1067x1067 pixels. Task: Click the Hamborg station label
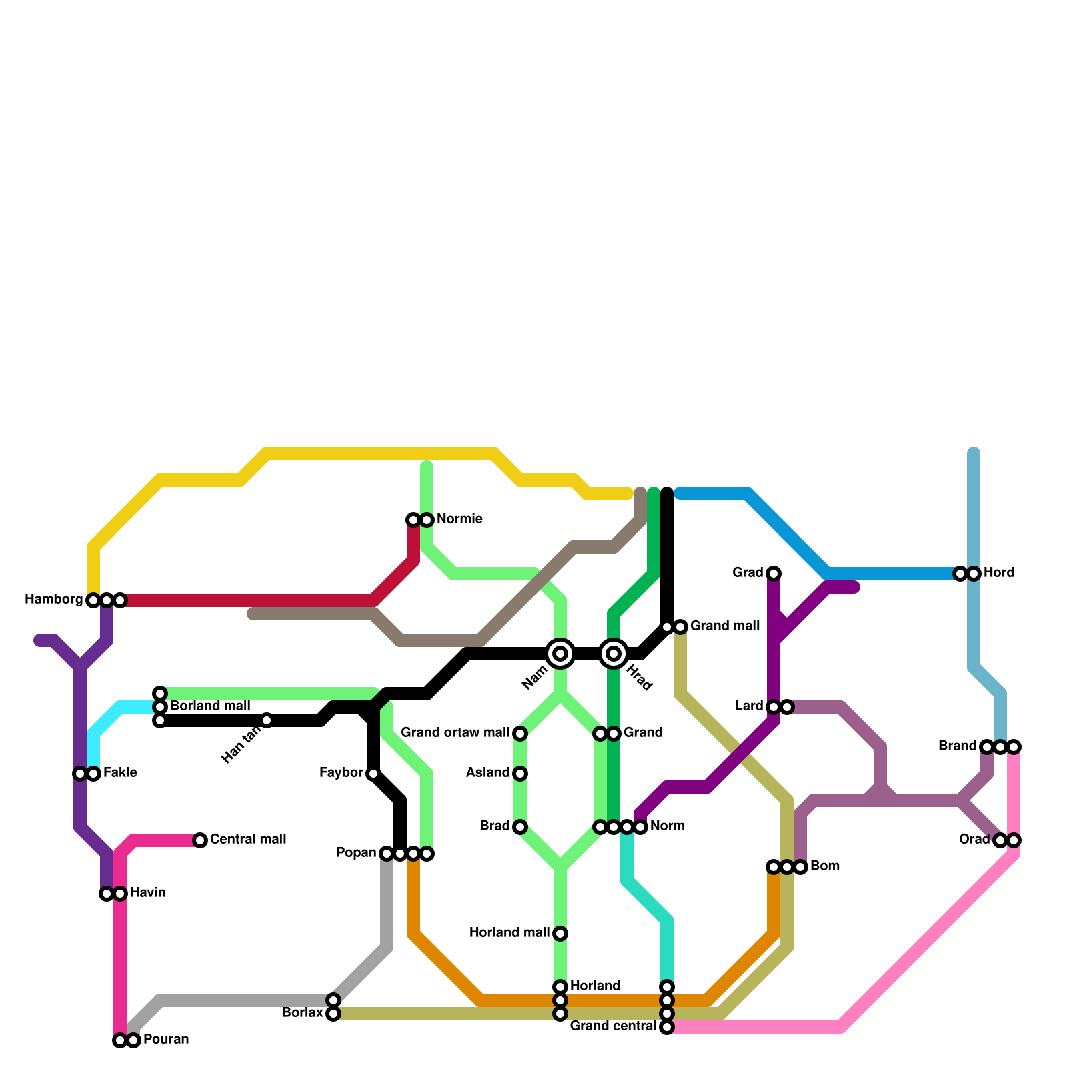click(x=53, y=600)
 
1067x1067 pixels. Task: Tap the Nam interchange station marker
click(x=560, y=654)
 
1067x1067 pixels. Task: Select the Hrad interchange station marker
click(x=614, y=654)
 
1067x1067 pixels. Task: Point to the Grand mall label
click(x=724, y=626)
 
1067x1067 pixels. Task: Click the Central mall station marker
click(x=200, y=840)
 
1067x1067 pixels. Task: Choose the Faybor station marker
click(x=373, y=774)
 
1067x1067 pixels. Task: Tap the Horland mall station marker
click(x=560, y=934)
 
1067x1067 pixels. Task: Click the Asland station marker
click(x=520, y=774)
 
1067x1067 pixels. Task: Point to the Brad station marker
click(x=520, y=827)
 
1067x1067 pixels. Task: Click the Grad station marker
click(x=774, y=574)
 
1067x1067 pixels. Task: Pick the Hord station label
click(x=998, y=573)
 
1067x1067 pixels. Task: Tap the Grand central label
click(x=613, y=1026)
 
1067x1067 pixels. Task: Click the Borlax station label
click(x=302, y=1013)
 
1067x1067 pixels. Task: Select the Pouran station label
click(x=166, y=1040)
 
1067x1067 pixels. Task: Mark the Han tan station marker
click(x=267, y=720)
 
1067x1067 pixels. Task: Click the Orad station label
click(x=974, y=840)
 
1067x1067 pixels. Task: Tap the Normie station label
click(x=459, y=519)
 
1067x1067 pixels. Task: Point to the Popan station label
click(x=356, y=853)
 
